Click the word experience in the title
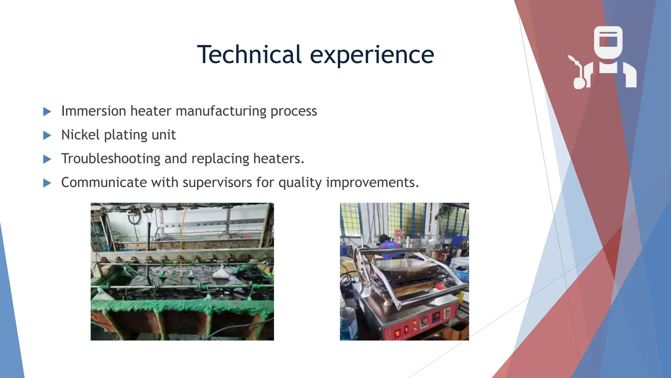372,55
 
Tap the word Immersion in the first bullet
94,111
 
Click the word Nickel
80,135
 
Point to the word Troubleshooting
111,159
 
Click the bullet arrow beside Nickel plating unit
47,135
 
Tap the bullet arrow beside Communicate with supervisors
47,183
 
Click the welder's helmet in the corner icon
608,42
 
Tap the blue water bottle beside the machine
348,323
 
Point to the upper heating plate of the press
406,267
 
